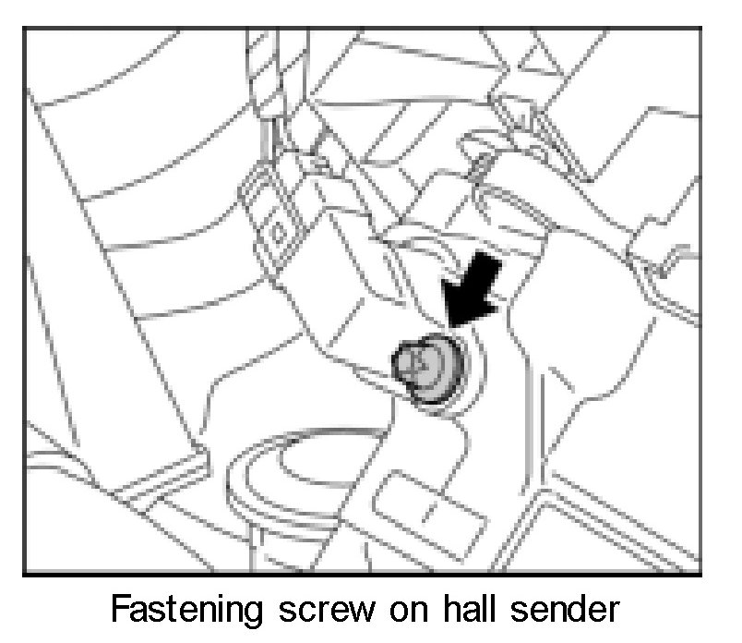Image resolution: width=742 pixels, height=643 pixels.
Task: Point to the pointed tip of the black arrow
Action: click(449, 323)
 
